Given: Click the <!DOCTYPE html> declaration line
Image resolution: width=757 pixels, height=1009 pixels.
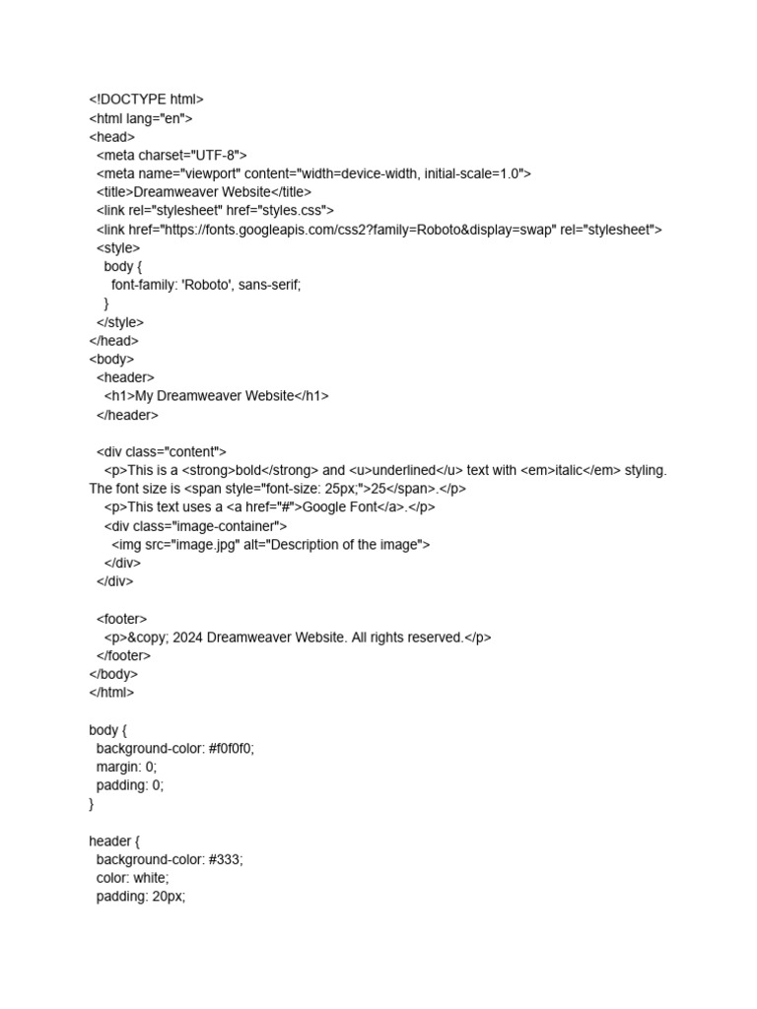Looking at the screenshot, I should (146, 100).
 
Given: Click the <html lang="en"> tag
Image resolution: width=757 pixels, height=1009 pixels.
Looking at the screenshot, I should (141, 118).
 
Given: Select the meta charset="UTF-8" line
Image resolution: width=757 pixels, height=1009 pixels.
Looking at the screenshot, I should (172, 155).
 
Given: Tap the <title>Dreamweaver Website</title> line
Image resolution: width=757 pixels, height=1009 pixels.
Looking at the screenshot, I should (204, 192).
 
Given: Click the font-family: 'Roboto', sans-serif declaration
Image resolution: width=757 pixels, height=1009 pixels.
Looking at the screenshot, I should (206, 285).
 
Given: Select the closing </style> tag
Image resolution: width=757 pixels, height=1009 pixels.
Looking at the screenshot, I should (120, 322).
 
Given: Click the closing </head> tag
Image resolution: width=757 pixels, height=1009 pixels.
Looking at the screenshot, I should (114, 341).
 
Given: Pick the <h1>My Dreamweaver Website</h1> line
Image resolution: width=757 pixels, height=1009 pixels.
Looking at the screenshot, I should (217, 396).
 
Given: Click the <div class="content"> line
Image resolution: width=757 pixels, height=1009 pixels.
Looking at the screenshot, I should (162, 452).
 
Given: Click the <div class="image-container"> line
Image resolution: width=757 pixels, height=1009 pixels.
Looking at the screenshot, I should (195, 526).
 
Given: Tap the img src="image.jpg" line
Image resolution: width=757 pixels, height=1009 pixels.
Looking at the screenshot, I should (271, 545).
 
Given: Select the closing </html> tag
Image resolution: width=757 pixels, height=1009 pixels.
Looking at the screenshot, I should (111, 693).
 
